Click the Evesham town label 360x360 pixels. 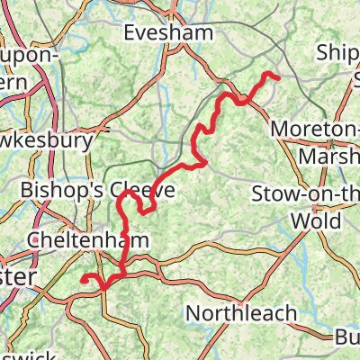point(169,32)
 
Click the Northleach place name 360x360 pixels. point(241,312)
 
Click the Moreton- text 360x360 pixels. point(316,130)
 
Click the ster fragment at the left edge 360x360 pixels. point(17,279)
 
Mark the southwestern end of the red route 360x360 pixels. point(83,280)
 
